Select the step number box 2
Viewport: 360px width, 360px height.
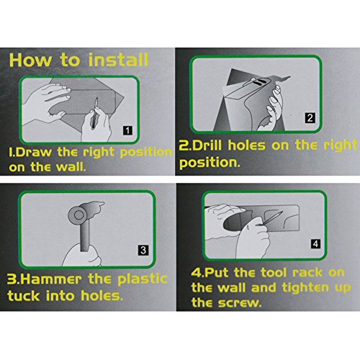[309, 117]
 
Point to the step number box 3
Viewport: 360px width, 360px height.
[143, 251]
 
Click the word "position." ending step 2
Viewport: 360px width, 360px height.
[208, 163]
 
